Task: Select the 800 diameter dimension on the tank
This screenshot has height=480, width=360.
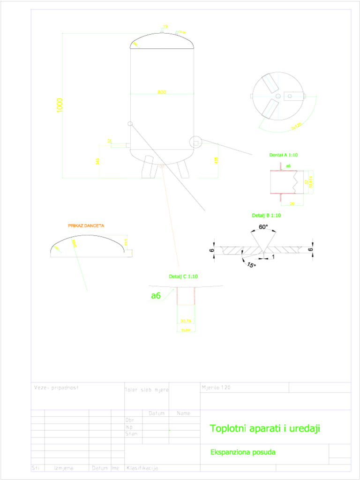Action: (162, 92)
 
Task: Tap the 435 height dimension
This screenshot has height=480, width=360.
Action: (216, 160)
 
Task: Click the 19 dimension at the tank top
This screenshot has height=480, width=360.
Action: (165, 27)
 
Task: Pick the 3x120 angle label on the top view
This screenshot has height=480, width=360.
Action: (295, 126)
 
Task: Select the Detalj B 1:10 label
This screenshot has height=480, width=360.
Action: (266, 216)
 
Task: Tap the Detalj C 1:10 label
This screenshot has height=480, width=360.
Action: (183, 277)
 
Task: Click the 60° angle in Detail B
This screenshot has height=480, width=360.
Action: (263, 227)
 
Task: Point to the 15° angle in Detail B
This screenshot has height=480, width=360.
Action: (251, 265)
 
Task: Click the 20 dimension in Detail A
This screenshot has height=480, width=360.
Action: (292, 204)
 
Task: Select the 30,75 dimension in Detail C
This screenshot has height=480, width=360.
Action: (186, 321)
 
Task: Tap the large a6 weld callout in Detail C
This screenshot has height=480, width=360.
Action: (156, 295)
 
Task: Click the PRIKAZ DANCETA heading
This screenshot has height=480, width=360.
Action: (86, 225)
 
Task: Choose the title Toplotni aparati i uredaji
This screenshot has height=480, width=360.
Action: (265, 428)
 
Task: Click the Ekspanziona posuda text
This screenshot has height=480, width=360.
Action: (243, 452)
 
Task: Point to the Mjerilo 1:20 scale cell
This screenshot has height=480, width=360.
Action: (216, 388)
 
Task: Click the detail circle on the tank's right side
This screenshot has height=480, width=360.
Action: (195, 141)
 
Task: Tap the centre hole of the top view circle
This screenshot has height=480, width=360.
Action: (278, 97)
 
